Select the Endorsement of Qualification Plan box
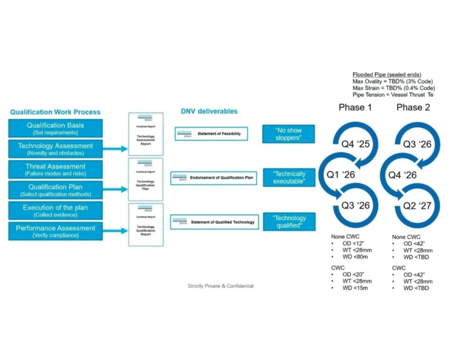coord(213,178)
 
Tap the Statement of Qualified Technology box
coord(213,222)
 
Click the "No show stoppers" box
coord(289,134)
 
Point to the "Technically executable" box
coord(289,178)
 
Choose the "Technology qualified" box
coord(289,222)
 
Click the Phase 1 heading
coord(355,107)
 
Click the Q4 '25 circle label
coord(356,143)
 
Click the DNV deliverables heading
coord(210,111)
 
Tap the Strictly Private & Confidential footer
coord(220,286)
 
